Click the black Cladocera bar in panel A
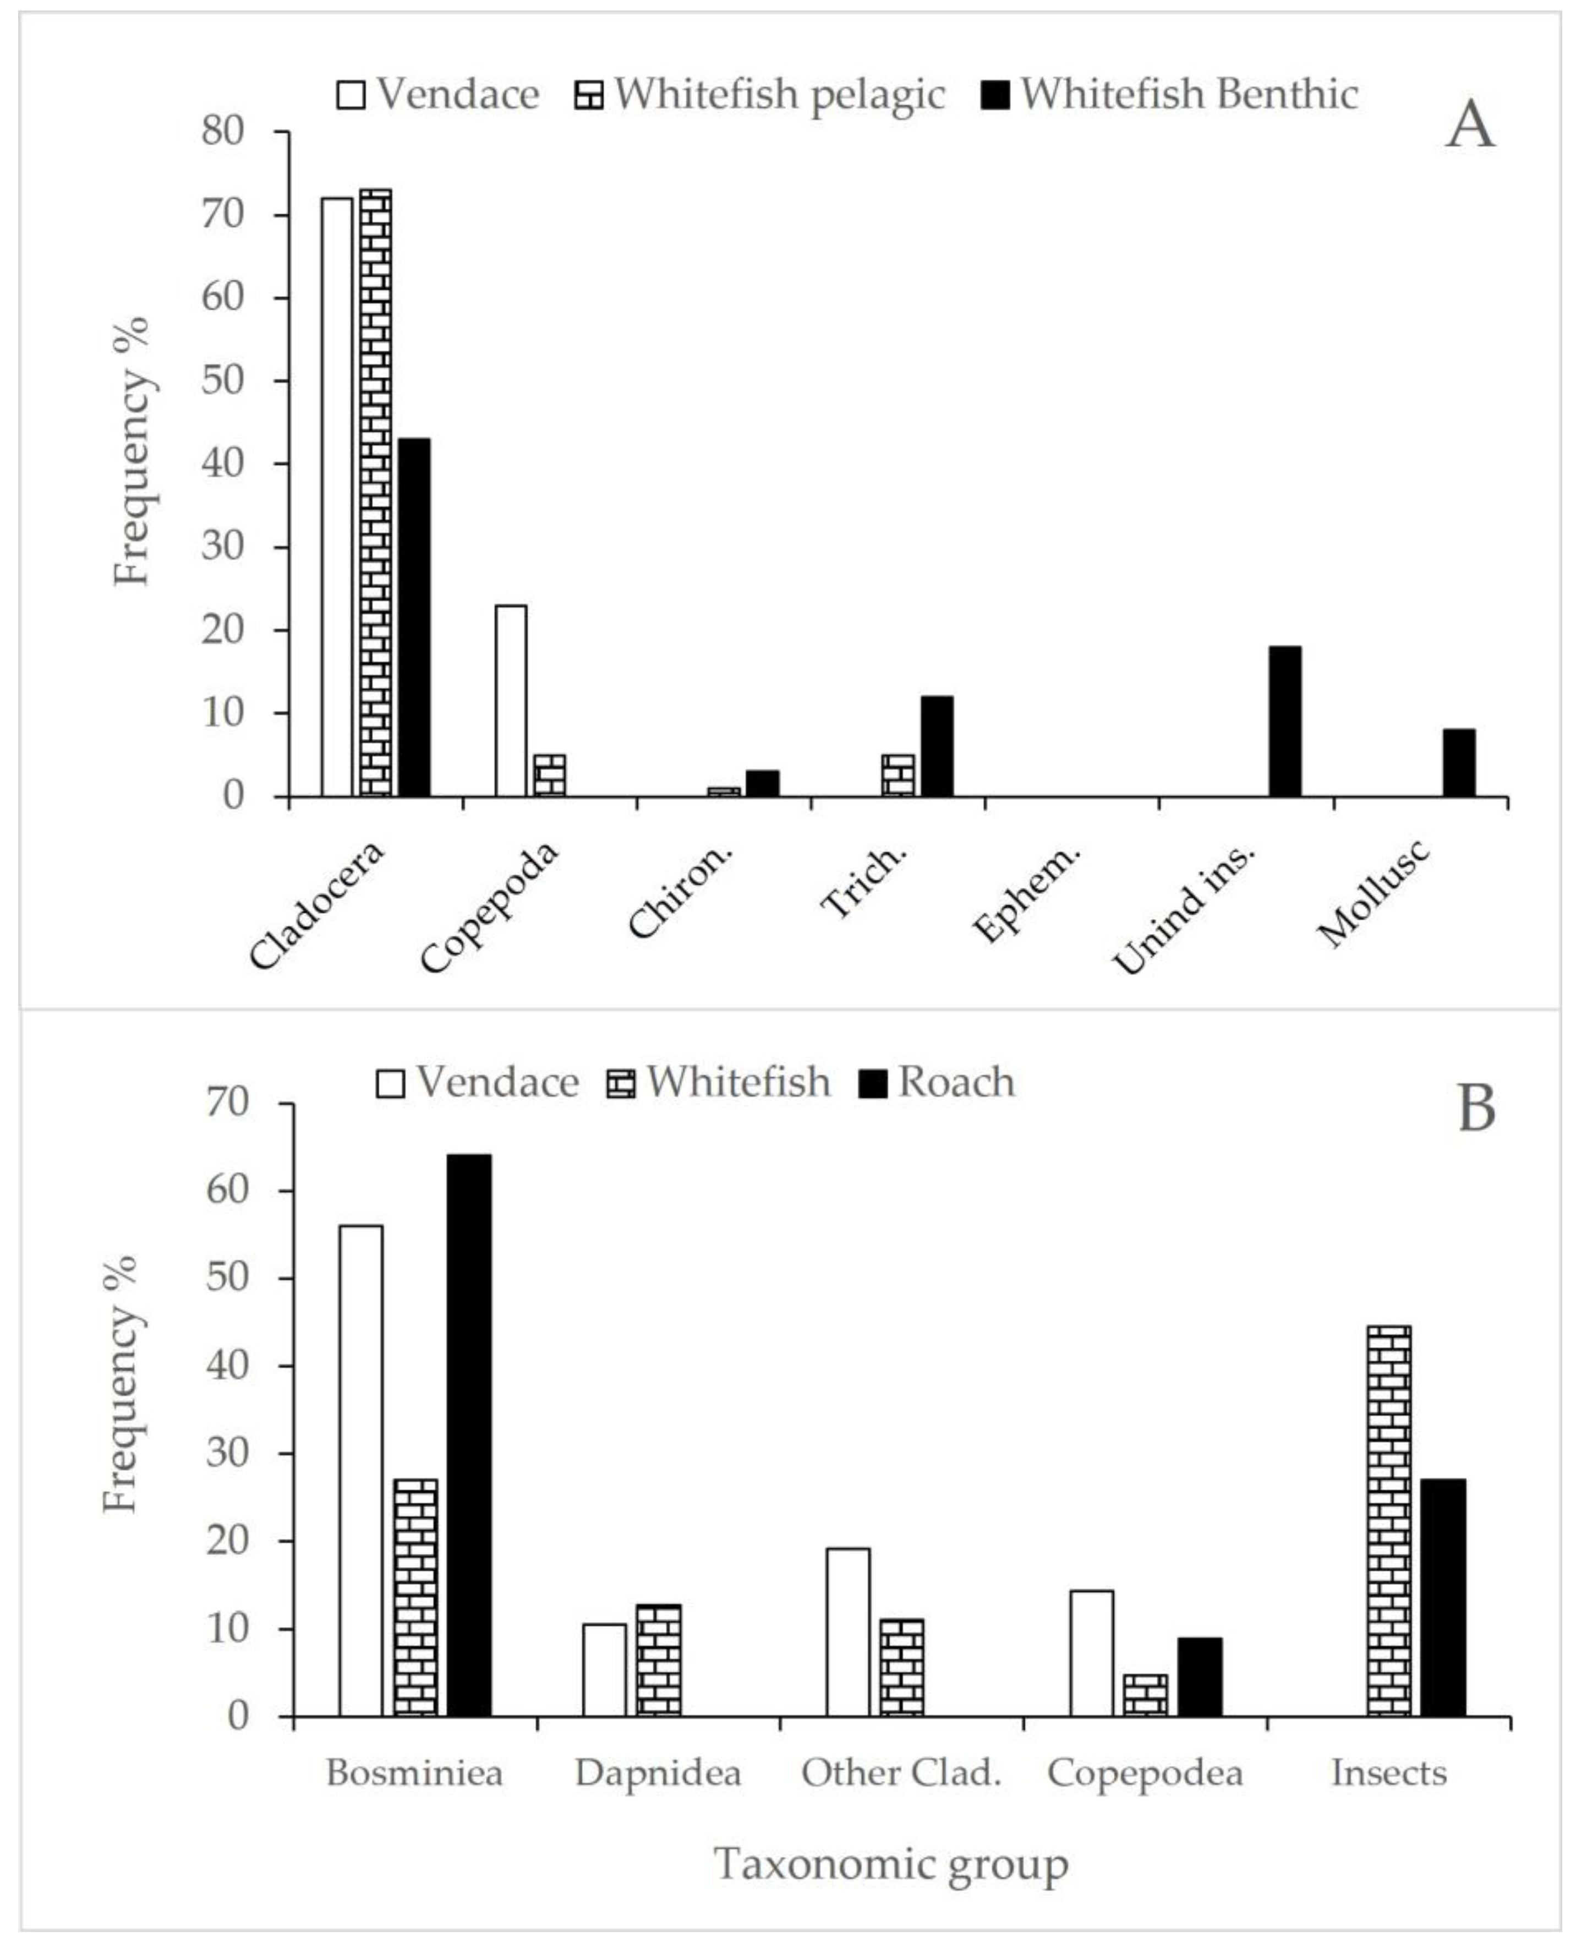(x=414, y=618)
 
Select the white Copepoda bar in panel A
(x=511, y=700)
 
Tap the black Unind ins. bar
(x=1284, y=721)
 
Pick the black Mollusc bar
(x=1459, y=763)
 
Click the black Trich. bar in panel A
(x=937, y=746)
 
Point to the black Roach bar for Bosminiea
(x=469, y=1434)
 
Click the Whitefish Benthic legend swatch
(x=997, y=95)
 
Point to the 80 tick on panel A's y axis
(x=223, y=132)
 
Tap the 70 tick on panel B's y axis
(x=227, y=1103)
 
